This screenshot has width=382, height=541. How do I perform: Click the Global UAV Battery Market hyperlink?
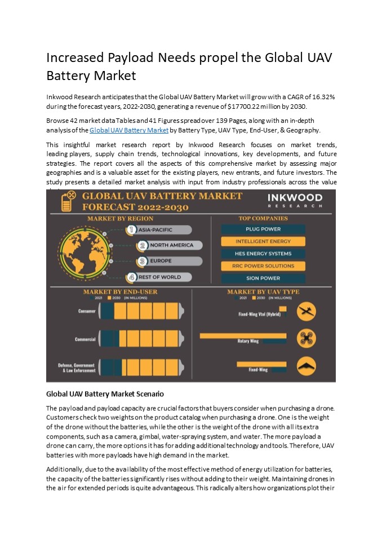click(x=129, y=130)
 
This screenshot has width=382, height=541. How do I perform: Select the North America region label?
click(x=165, y=245)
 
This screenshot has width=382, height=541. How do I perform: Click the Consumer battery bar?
click(x=141, y=312)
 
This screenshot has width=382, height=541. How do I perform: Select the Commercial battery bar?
click(x=141, y=339)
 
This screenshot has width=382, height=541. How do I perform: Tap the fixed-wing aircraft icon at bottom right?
click(x=306, y=367)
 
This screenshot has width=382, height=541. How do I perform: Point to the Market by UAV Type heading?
click(x=263, y=291)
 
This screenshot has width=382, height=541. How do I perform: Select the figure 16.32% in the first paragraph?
click(x=322, y=97)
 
